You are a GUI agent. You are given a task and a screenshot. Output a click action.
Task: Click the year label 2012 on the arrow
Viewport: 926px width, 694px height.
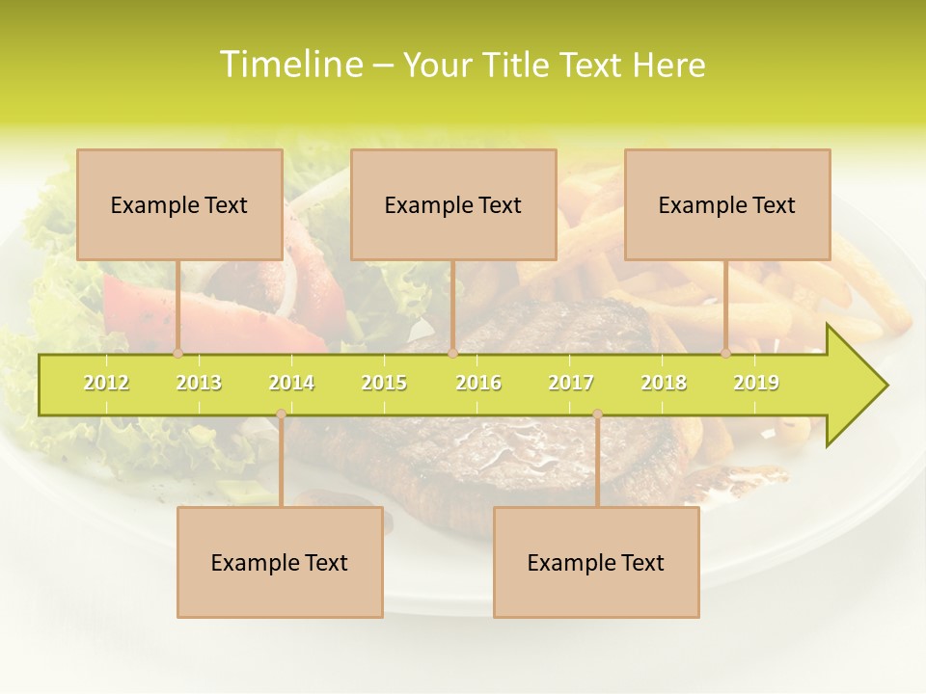pyautogui.click(x=106, y=383)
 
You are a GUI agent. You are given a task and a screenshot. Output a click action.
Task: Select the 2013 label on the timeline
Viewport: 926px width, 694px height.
pyautogui.click(x=199, y=383)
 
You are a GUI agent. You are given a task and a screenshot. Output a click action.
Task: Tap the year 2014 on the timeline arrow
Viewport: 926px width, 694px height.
pyautogui.click(x=291, y=383)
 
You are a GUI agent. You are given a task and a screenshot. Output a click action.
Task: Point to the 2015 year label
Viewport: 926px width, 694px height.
pyautogui.click(x=384, y=383)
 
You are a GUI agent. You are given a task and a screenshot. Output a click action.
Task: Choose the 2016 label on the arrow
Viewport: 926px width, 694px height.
pyautogui.click(x=478, y=383)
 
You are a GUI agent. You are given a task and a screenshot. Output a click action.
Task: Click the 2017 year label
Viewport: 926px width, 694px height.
pyautogui.click(x=571, y=383)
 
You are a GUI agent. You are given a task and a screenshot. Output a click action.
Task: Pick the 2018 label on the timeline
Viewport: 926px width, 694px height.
pyautogui.click(x=664, y=383)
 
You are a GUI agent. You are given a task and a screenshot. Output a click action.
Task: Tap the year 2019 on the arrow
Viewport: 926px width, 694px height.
pyautogui.click(x=756, y=383)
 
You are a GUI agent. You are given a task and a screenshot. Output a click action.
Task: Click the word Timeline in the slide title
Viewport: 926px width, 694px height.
pyautogui.click(x=289, y=65)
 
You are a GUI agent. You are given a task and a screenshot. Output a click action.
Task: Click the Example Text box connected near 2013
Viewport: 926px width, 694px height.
pyautogui.click(x=179, y=204)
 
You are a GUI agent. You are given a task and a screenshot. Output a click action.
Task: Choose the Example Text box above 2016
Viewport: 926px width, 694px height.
pyautogui.click(x=453, y=204)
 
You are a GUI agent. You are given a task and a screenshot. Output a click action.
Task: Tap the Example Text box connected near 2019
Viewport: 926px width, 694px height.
pyautogui.click(x=727, y=204)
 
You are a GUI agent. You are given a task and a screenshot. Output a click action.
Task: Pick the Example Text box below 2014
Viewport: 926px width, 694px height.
pyautogui.click(x=280, y=562)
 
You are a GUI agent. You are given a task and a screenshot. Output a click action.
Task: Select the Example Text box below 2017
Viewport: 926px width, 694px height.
pyautogui.click(x=596, y=562)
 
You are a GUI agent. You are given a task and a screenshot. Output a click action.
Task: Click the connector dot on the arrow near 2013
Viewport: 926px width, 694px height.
pyautogui.click(x=177, y=354)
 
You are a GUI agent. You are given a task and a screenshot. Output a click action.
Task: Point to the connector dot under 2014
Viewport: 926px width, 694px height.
pyautogui.click(x=281, y=414)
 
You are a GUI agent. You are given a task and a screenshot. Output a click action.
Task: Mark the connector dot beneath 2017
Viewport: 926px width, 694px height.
pyautogui.click(x=597, y=414)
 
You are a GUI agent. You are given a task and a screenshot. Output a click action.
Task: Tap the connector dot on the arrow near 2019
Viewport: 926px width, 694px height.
pyautogui.click(x=725, y=354)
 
